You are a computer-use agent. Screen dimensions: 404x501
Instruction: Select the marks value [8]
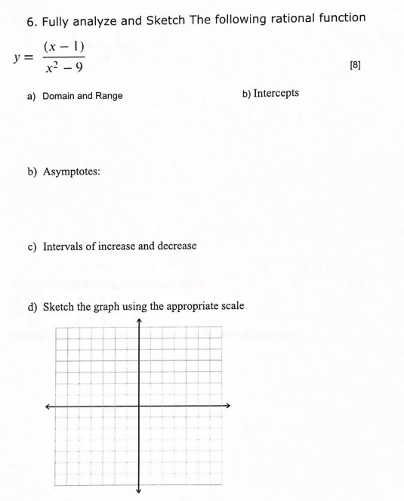pos(356,66)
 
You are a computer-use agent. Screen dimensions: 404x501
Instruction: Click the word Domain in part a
pos(60,96)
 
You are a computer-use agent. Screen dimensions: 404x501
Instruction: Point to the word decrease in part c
pos(174,246)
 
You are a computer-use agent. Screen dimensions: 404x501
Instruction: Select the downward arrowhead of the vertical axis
pos(139,489)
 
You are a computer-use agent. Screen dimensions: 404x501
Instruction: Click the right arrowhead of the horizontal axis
pos(227,406)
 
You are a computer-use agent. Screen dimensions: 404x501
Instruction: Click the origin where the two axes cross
pos(139,406)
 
